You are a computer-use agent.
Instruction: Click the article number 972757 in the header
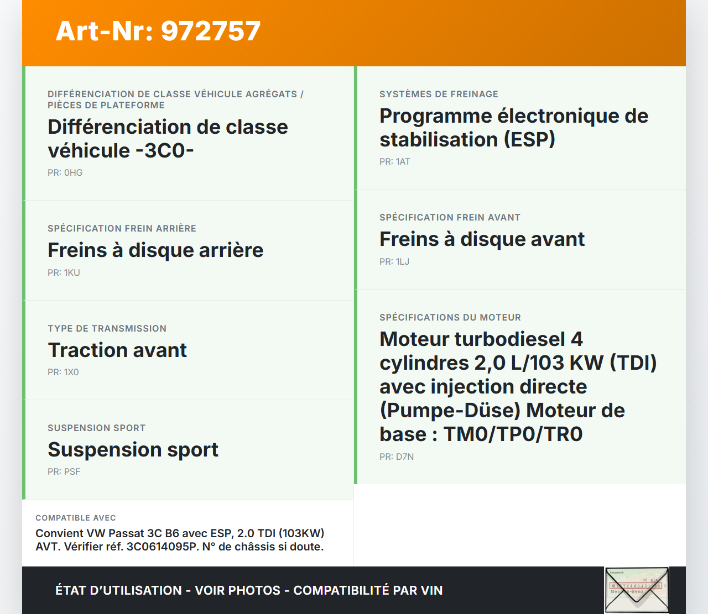(x=211, y=31)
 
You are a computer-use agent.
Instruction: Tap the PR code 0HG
(x=74, y=172)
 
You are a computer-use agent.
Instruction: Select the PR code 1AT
(x=403, y=161)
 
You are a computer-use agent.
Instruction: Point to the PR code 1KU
(x=72, y=272)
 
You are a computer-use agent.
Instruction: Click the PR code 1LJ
(x=403, y=261)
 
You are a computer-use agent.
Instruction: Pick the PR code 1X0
(x=71, y=372)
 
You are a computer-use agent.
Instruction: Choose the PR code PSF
(x=72, y=471)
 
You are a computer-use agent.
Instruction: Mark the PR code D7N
(x=405, y=456)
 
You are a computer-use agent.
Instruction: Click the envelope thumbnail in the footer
(x=637, y=590)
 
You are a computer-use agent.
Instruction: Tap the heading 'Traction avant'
(x=117, y=350)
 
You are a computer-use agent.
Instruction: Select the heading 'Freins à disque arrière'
(x=156, y=250)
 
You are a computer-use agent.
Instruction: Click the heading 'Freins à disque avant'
(x=482, y=239)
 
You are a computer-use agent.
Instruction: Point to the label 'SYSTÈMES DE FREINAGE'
(x=439, y=94)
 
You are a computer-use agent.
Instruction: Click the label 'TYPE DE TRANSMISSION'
(x=107, y=328)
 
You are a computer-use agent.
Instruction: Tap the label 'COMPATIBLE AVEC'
(x=76, y=517)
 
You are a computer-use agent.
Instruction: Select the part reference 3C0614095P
(x=163, y=547)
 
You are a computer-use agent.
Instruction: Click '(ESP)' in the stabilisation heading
(x=529, y=140)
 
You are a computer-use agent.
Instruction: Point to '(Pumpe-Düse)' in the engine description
(x=450, y=411)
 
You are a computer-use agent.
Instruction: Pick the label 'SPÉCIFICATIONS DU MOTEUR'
(x=450, y=317)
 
